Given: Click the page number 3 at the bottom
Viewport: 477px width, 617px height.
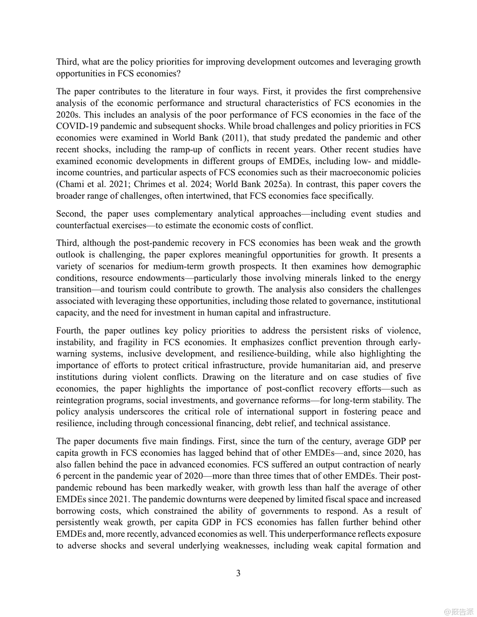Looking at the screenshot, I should click(238, 573).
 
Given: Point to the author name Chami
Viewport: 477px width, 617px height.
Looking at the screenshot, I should click(71, 184).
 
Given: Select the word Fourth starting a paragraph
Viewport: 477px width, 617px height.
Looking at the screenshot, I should click(70, 331).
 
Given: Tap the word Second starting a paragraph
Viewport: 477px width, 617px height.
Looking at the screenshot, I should click(71, 214).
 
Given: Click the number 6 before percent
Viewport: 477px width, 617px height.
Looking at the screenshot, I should click(58, 476).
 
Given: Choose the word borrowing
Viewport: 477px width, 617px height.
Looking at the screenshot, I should click(75, 511).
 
